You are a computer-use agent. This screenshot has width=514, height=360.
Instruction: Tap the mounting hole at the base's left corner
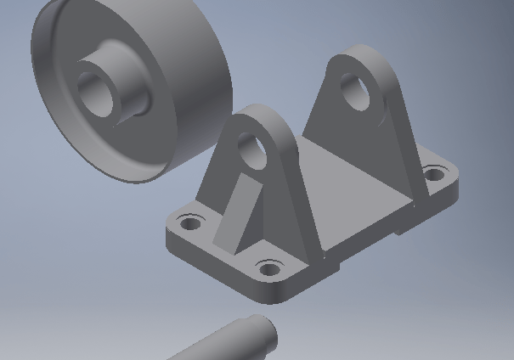(x=191, y=224)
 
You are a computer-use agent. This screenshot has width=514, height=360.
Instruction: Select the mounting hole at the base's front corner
(x=268, y=270)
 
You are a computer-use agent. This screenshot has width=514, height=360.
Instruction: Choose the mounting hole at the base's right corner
(x=434, y=175)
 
